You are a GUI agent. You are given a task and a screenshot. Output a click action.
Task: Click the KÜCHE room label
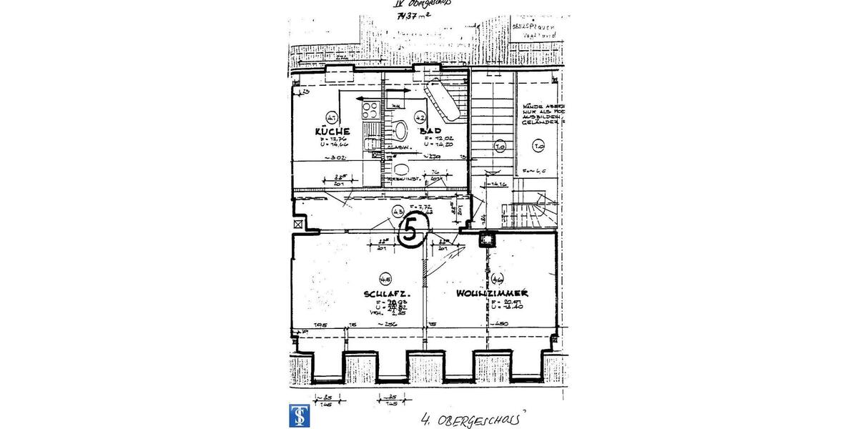coord(332,132)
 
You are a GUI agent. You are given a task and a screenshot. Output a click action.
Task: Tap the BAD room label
coord(430,132)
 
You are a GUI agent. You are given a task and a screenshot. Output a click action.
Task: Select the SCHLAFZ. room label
coord(385,294)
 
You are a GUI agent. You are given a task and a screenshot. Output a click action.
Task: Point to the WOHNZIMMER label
coord(493,294)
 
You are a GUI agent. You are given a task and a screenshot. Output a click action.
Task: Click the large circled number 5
coord(411,230)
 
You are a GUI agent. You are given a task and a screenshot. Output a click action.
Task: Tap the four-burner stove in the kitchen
coord(370,110)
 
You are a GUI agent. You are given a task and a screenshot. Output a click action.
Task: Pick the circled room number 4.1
coord(331,117)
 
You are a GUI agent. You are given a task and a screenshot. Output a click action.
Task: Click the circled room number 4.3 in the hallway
coord(398,212)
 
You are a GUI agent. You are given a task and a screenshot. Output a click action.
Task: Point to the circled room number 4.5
coord(385,280)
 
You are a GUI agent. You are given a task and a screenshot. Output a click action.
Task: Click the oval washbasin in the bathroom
coord(400,131)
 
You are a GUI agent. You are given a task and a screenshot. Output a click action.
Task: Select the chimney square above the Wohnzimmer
coord(488,240)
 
